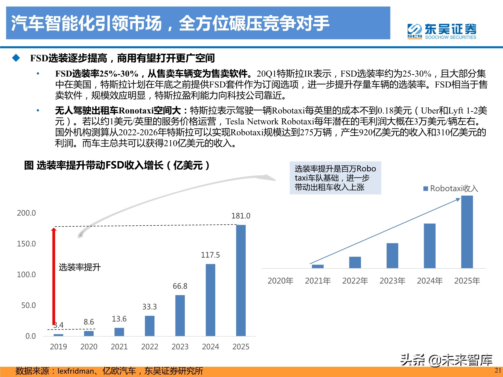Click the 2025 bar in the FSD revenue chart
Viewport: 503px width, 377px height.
[241, 280]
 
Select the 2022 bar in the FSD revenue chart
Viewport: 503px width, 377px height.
[150, 326]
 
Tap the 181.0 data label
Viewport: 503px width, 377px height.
[241, 216]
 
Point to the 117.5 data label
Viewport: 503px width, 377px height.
[210, 255]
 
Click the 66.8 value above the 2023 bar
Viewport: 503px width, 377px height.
[180, 286]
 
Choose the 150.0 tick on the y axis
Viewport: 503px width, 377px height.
[26, 244]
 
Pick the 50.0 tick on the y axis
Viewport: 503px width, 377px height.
[28, 305]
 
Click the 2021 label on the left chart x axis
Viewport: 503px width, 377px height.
[119, 347]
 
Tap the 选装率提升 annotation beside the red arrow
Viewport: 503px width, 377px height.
[79, 267]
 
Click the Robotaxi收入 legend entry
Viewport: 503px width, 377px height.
[451, 189]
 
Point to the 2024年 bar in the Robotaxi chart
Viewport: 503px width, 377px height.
[430, 246]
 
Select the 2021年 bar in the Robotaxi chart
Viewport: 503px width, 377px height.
[318, 266]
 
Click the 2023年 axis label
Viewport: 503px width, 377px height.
[392, 281]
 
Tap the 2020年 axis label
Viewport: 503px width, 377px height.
[280, 281]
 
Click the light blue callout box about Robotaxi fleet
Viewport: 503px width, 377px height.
[335, 178]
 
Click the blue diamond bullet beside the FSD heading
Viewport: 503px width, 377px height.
[16, 58]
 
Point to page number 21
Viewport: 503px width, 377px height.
[498, 370]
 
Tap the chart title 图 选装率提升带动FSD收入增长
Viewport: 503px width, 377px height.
[117, 165]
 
